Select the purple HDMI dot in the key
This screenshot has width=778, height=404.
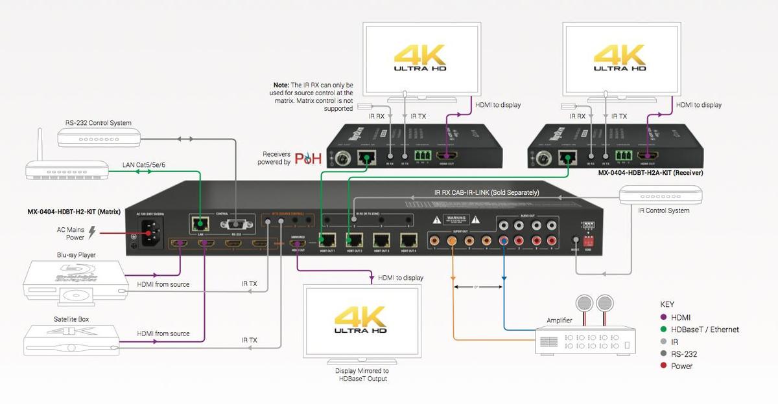point(664,317)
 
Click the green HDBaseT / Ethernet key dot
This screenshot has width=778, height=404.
point(664,330)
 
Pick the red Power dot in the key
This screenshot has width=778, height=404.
point(664,366)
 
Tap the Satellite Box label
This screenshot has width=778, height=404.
point(71,319)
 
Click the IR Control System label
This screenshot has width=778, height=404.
point(664,210)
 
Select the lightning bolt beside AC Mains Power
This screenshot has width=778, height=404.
point(91,231)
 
